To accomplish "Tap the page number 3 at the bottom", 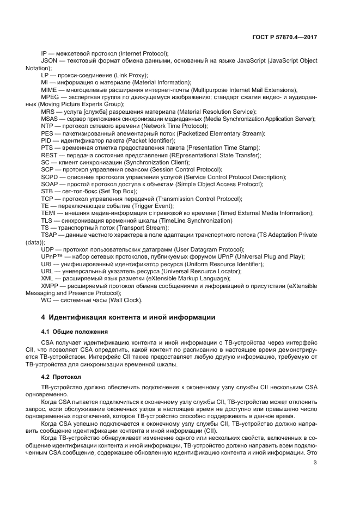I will pyautogui.click(x=315, y=463).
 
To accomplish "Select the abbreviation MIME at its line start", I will pyautogui.click(x=49, y=89).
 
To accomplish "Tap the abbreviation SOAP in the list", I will pyautogui.click(x=50, y=184).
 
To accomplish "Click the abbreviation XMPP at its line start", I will pyautogui.click(x=50, y=286).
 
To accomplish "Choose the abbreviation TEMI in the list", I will pyautogui.click(x=49, y=213).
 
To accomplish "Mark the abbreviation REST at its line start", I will pyautogui.click(x=49, y=155).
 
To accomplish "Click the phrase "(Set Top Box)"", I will pyautogui.click(x=119, y=191).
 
